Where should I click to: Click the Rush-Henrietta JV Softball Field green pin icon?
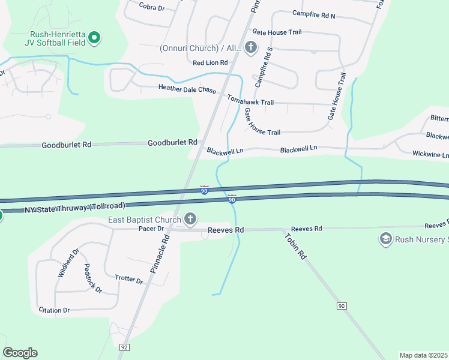[x=94, y=38]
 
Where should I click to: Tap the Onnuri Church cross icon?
[x=251, y=47]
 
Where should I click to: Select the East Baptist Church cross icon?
[x=190, y=220]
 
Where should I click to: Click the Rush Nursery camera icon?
[x=385, y=239]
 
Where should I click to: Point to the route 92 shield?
[x=125, y=347]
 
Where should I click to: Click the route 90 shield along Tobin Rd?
[x=342, y=306]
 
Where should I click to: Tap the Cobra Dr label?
[x=151, y=7]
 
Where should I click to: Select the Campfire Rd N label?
[x=314, y=13]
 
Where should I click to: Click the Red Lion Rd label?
[x=210, y=62]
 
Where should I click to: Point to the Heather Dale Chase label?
[x=187, y=89]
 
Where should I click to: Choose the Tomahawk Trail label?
[x=250, y=102]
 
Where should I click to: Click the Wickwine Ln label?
[x=430, y=154]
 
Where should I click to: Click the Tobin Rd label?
[x=295, y=245]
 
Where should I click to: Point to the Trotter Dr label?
[x=128, y=280]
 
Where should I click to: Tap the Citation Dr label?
[x=54, y=310]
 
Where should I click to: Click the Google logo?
[x=20, y=353]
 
